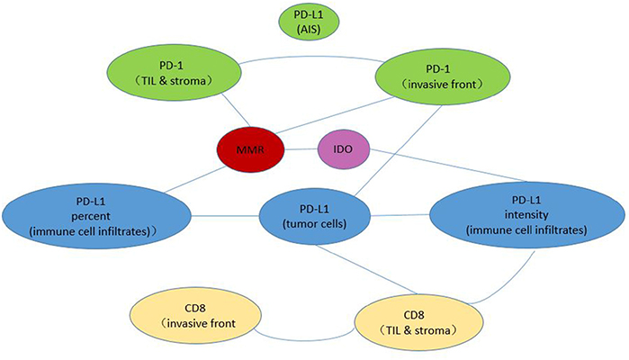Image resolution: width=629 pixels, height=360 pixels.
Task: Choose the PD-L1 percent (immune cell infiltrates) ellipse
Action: pyautogui.click(x=97, y=215)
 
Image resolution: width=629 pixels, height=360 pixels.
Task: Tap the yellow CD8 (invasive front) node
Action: pyautogui.click(x=196, y=314)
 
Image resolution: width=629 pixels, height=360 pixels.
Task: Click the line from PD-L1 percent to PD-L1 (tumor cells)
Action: pyautogui.click(x=225, y=215)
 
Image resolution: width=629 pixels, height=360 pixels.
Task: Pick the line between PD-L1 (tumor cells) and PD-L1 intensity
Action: pyautogui.click(x=403, y=215)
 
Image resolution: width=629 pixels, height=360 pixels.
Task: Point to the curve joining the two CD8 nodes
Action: pyautogui.click(x=306, y=339)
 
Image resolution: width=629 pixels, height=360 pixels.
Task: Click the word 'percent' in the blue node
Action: pyautogui.click(x=97, y=215)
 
